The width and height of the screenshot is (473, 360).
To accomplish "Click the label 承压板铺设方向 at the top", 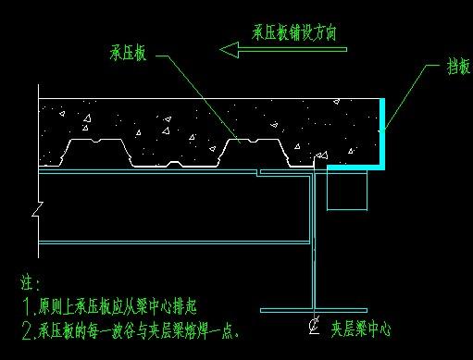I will pyautogui.click(x=293, y=31).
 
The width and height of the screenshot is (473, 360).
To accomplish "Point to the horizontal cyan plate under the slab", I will pyautogui.click(x=351, y=168).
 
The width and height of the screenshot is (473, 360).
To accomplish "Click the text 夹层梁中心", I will pyautogui.click(x=364, y=327).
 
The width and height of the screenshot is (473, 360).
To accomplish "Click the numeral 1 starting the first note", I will pyautogui.click(x=25, y=304).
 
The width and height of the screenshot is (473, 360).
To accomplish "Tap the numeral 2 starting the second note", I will pyautogui.click(x=25, y=329).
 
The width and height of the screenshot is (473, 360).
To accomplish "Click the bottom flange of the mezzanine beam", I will pyautogui.click(x=314, y=309).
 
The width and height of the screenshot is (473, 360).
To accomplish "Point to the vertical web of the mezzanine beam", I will pyautogui.click(x=315, y=241).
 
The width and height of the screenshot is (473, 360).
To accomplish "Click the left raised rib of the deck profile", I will pyautogui.click(x=93, y=149).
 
